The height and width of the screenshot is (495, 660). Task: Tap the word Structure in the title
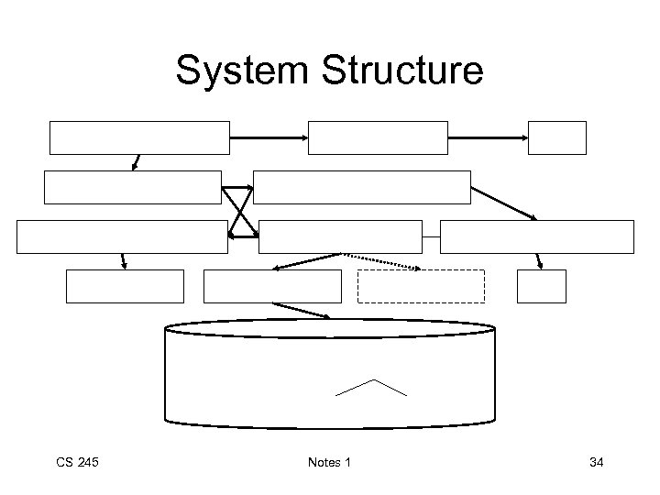click(397, 70)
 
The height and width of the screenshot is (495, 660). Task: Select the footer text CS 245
click(78, 462)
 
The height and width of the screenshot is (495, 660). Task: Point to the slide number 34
click(596, 462)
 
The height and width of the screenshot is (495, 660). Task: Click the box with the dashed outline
click(421, 286)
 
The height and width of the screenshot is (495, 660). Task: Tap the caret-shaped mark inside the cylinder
click(371, 387)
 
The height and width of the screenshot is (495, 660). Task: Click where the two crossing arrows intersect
click(240, 212)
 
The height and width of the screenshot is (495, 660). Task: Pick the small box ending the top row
click(556, 137)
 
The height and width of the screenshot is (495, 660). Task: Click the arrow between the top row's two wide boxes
click(269, 137)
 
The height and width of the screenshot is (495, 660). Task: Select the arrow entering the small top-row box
click(488, 137)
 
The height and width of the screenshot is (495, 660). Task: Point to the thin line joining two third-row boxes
click(431, 236)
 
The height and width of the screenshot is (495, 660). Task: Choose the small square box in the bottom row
click(541, 286)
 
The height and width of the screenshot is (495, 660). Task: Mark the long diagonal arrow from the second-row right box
click(504, 203)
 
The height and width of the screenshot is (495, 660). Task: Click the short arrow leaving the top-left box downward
click(137, 162)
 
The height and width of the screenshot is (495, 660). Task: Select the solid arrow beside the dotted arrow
click(308, 261)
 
